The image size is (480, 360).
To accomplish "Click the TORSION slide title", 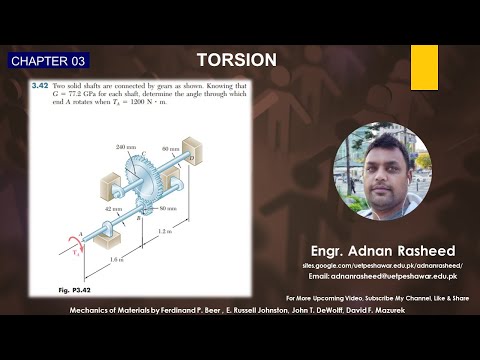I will [237, 60].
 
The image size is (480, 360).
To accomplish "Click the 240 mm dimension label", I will [125, 148].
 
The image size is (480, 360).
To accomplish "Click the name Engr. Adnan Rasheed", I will [370, 250].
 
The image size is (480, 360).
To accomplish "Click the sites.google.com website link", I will [370, 264].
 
